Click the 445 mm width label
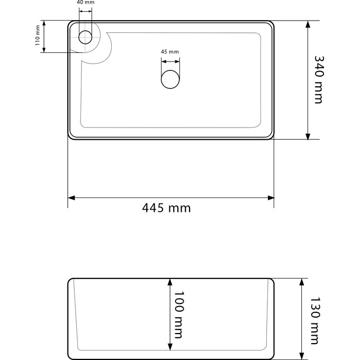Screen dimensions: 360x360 pyautogui.click(x=166, y=208)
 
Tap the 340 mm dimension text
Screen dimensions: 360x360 pyautogui.click(x=319, y=79)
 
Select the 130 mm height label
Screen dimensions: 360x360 pyautogui.click(x=315, y=321)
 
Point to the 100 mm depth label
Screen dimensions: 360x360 pyautogui.click(x=179, y=315)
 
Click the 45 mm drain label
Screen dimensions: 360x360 pyautogui.click(x=170, y=52)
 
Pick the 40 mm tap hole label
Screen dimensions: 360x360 pyautogui.click(x=85, y=3)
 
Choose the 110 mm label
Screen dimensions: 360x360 pyautogui.click(x=38, y=35)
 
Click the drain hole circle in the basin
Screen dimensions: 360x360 pyautogui.click(x=170, y=79)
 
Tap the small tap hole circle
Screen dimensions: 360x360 pyautogui.click(x=85, y=37)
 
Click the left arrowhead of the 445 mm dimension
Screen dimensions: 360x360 pyautogui.click(x=71, y=197)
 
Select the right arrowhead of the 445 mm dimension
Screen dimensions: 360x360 pyautogui.click(x=271, y=197)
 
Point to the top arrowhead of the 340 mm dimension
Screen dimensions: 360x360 pyautogui.click(x=308, y=24)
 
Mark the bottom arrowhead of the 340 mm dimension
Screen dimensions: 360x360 pyautogui.click(x=308, y=136)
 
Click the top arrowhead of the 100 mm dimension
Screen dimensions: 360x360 pyautogui.click(x=170, y=282)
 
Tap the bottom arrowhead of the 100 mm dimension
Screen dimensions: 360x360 pyautogui.click(x=170, y=347)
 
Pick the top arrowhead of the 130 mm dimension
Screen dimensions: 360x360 pyautogui.click(x=302, y=282)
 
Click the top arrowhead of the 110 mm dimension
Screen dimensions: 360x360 pyautogui.click(x=44, y=23)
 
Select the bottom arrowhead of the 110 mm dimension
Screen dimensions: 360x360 pyautogui.click(x=44, y=50)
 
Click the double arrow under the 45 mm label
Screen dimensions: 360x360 pyautogui.click(x=170, y=61)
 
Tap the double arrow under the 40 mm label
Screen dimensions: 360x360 pyautogui.click(x=85, y=11)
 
